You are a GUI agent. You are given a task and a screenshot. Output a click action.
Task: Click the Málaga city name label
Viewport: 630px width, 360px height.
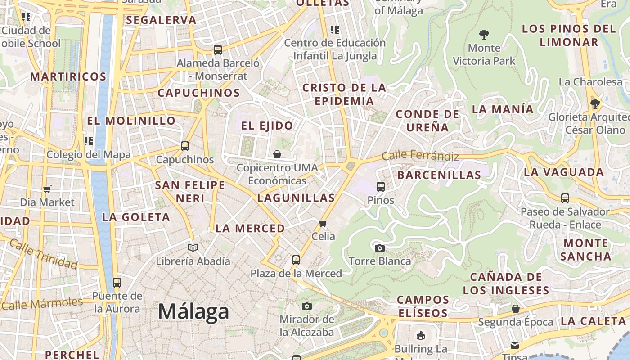(193, 311)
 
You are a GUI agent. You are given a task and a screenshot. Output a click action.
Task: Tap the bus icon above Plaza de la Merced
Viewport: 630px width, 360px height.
(296, 260)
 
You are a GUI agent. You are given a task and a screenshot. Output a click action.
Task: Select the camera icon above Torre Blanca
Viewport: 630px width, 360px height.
(379, 248)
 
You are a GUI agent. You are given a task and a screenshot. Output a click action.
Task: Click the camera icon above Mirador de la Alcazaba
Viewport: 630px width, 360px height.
(307, 306)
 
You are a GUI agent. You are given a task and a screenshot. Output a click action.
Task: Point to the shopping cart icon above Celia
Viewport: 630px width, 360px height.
(323, 223)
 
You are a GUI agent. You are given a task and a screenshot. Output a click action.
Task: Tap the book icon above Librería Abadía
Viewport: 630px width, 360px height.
(193, 247)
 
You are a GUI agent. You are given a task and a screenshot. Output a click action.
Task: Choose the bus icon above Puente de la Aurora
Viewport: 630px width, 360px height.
(117, 283)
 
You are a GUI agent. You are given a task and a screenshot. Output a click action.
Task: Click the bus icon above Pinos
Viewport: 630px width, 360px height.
(381, 186)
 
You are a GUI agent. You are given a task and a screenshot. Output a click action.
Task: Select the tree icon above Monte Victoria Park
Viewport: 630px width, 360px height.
(484, 34)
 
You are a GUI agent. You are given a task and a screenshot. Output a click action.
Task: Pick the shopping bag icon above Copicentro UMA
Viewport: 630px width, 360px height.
(277, 154)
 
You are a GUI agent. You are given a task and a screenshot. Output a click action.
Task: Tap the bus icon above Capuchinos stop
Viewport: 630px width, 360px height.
(184, 146)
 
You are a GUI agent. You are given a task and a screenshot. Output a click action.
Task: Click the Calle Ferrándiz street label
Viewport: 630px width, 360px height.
(420, 156)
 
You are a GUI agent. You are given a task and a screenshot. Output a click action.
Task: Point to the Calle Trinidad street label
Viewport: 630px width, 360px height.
(43, 254)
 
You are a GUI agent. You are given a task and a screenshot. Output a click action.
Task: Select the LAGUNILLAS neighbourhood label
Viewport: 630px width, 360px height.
(296, 198)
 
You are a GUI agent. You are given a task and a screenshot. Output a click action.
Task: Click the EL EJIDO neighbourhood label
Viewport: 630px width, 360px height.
(267, 126)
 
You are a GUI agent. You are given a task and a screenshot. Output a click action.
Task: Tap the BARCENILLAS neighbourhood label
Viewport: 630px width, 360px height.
(439, 175)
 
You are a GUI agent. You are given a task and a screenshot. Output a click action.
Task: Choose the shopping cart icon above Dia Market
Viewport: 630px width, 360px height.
(47, 189)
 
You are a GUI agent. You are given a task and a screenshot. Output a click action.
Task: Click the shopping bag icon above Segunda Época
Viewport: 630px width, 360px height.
(516, 309)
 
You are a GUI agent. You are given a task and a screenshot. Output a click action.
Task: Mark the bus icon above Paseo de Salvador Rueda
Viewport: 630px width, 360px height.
(565, 198)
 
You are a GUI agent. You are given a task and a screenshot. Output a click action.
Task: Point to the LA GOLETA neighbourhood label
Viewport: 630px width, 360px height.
(136, 217)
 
